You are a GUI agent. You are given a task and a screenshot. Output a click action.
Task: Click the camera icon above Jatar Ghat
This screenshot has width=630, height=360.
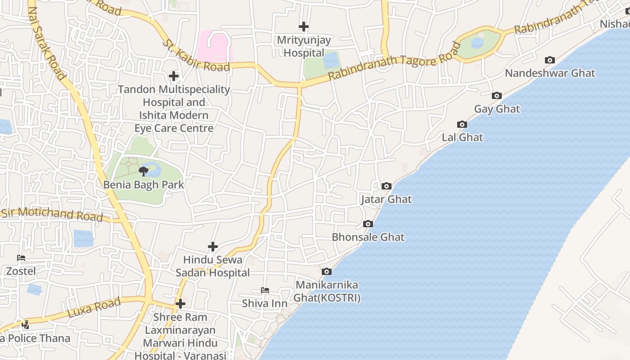coord(386,186)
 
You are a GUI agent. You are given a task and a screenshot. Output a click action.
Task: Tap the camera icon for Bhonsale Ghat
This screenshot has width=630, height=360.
coord(368,224)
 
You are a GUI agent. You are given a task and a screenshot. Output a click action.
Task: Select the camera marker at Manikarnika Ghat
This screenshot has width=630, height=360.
coord(327,271)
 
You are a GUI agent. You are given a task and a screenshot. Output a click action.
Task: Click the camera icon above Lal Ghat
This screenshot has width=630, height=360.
coord(462,124)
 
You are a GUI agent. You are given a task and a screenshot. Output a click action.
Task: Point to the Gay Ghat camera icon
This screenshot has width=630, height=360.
coord(497,95)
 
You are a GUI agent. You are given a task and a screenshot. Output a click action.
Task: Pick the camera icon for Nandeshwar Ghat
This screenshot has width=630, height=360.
coord(550,60)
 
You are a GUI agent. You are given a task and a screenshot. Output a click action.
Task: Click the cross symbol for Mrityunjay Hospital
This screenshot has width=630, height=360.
coord(304,27)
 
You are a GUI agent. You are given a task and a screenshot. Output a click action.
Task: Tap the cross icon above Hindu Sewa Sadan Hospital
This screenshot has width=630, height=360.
coord(213,246)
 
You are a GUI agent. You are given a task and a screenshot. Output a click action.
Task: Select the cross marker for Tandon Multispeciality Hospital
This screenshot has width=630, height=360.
coord(174,76)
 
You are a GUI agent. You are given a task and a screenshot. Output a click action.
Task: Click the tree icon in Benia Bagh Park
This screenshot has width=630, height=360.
coord(144,171)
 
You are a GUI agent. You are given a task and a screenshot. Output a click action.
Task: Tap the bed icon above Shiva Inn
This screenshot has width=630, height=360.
coord(265,290)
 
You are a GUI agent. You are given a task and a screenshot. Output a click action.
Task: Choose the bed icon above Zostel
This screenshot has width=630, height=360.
coord(21,258)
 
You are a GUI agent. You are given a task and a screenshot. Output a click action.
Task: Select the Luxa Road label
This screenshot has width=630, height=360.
coord(94,307)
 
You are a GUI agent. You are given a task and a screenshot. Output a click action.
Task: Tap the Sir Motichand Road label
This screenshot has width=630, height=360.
coord(52,214)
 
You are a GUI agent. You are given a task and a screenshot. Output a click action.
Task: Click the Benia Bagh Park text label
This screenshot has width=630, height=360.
coord(144,184)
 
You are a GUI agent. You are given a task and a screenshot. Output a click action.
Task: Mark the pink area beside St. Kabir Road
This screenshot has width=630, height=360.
coord(215,46)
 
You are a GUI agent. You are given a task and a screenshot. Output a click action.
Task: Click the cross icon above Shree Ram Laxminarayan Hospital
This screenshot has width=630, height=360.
coord(180,304)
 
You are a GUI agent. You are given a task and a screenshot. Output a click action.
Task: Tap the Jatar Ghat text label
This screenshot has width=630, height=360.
coord(386,199)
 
